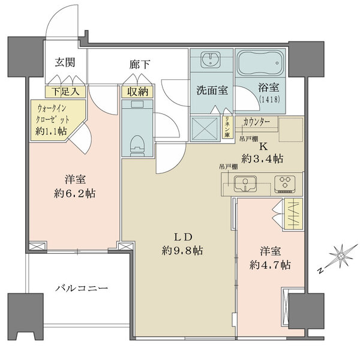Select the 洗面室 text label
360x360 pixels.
tap(212, 91)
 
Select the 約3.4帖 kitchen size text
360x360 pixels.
tap(262, 158)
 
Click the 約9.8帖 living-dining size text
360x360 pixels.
tap(181, 250)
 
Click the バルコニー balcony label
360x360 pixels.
tap(82, 288)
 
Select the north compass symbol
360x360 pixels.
tap(338, 258)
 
